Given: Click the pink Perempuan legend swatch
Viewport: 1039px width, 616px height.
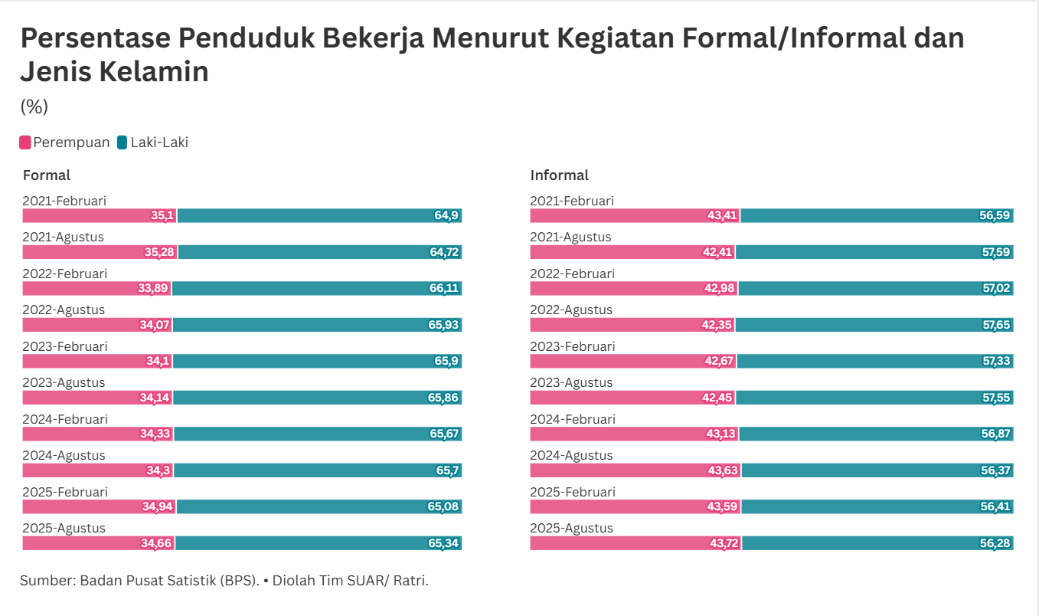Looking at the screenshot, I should click(x=25, y=143).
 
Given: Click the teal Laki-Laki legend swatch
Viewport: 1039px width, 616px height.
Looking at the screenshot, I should click(x=123, y=143).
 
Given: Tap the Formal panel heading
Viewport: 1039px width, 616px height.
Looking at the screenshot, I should click(x=47, y=175).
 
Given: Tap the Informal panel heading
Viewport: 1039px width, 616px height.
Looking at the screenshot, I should click(x=560, y=175).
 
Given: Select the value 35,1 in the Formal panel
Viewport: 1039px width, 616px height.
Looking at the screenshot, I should click(x=162, y=216).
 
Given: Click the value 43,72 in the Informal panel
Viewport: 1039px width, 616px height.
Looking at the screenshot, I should click(x=724, y=543).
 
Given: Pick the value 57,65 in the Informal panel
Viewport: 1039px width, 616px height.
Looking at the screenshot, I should click(x=996, y=325).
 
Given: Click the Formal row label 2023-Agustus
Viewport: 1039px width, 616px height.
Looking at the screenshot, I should click(x=64, y=383).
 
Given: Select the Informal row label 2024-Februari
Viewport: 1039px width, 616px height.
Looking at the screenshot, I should click(x=573, y=419).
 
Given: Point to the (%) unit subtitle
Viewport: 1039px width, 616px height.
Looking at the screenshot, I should click(x=34, y=106).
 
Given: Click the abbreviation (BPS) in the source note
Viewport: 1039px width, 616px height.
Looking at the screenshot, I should click(x=238, y=580).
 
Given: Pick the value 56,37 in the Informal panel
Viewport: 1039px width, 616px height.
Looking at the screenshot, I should click(x=996, y=470).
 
